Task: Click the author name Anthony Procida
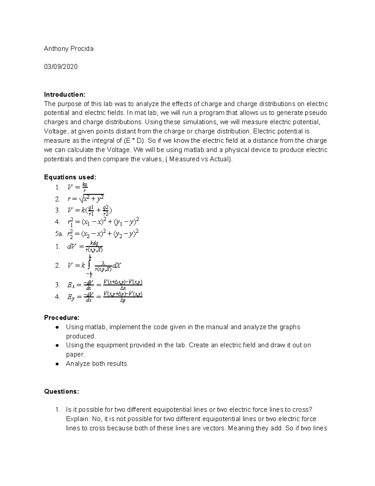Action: [x=68, y=49]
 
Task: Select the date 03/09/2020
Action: [x=61, y=67]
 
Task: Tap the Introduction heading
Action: [x=64, y=95]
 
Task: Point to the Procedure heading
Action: [x=62, y=318]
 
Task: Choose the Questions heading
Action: [x=62, y=391]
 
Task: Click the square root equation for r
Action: [x=86, y=199]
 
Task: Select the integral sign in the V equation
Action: [x=89, y=266]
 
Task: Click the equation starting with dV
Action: [x=85, y=247]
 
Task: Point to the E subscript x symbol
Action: [x=71, y=285]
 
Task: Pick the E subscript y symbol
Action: [x=71, y=297]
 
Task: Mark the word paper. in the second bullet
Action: [x=75, y=354]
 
